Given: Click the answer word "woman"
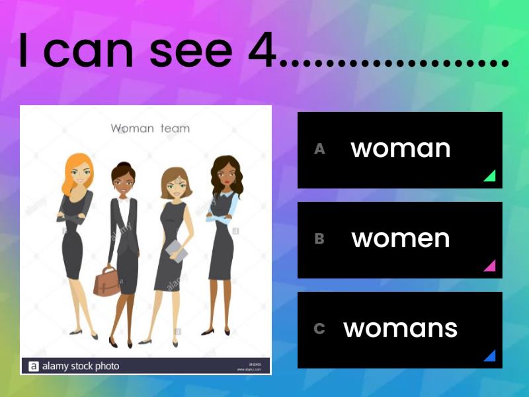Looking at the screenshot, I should (401, 149).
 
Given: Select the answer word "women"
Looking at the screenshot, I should (401, 239).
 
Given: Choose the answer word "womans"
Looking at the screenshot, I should (401, 329).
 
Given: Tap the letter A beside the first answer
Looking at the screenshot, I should (319, 150).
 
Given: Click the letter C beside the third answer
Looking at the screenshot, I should (319, 329).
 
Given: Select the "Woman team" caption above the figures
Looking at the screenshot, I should (150, 128).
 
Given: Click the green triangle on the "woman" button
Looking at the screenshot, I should (489, 176).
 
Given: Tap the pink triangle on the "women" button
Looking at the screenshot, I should (489, 266).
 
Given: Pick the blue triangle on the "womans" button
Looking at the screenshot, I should (489, 356).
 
